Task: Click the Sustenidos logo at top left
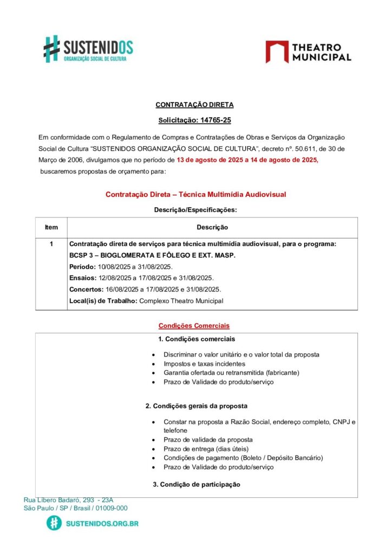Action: (88, 49)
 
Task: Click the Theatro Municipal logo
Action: (308, 52)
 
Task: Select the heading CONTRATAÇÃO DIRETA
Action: (194, 104)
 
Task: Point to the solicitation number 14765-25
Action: (215, 121)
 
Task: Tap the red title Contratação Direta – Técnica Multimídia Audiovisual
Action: (195, 194)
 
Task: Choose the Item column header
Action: (51, 227)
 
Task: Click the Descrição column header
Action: (212, 227)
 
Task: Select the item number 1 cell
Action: (51, 244)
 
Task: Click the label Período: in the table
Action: (83, 267)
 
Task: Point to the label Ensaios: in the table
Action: (82, 278)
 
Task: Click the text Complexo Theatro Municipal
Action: (181, 301)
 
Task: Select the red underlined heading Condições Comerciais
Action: (194, 326)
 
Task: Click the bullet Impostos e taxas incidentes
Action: (204, 364)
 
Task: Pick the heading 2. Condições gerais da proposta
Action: (197, 405)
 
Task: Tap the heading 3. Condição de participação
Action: (197, 484)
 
